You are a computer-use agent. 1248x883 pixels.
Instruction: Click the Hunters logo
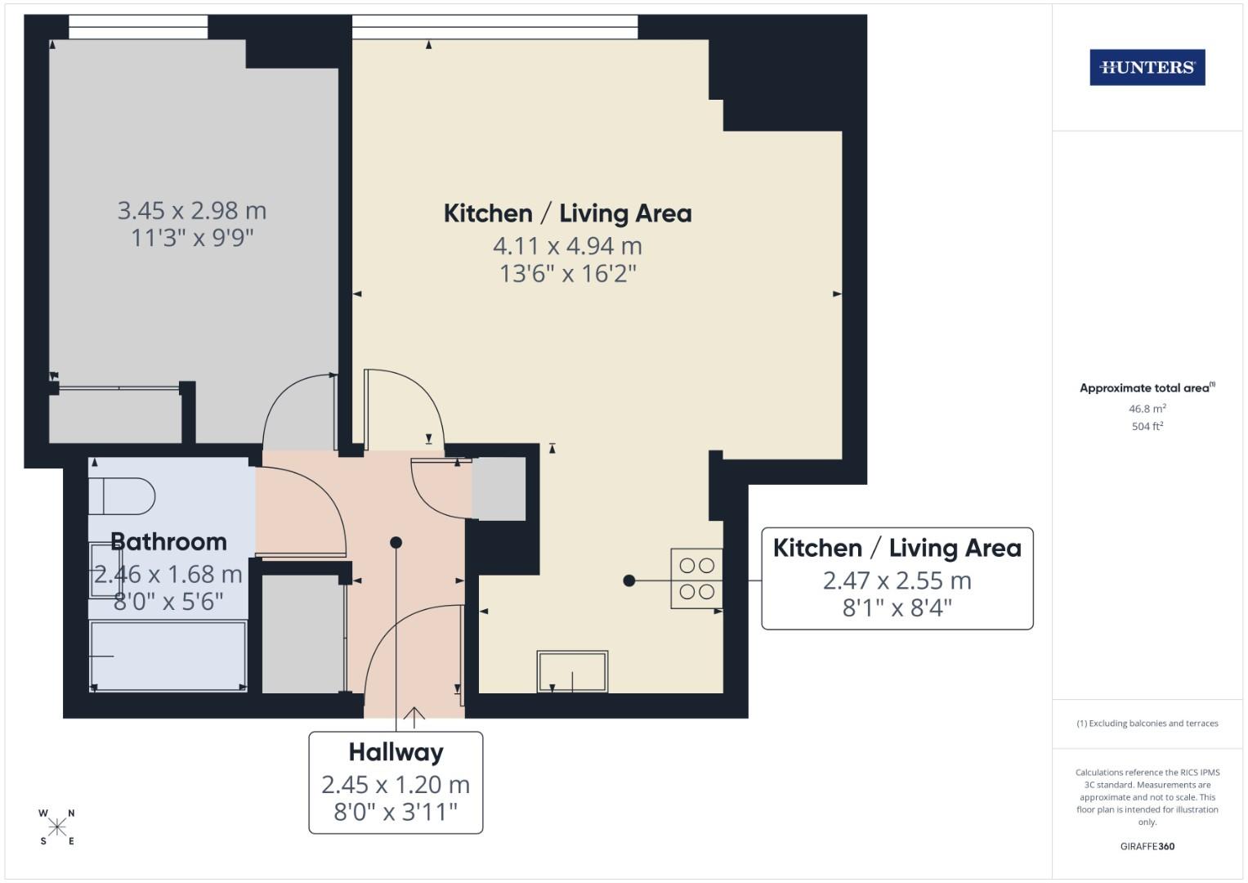coord(1147,68)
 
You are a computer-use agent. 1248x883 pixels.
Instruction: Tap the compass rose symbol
coord(56,827)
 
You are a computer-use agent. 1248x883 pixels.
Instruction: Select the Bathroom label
coord(168,542)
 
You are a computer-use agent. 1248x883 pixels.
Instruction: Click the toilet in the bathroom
coord(123,495)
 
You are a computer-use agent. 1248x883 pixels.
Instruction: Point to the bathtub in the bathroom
coord(168,657)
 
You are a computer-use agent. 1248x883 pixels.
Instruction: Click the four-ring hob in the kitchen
coord(697,578)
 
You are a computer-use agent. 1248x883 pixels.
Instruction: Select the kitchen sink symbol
coord(572,671)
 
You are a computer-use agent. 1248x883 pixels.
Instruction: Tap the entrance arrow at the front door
coord(414,717)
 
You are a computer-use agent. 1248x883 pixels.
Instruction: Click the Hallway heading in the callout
coord(396,752)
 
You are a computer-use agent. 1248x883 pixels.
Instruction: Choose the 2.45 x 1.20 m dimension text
coord(396,785)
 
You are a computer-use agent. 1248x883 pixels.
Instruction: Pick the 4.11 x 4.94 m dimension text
coord(567,246)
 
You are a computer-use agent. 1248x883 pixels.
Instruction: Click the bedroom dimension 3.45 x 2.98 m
coord(192,211)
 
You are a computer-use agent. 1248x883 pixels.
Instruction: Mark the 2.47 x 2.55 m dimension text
coord(897,580)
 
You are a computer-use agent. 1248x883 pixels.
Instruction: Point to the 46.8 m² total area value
coord(1147,409)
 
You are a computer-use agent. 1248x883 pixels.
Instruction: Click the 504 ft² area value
coord(1147,426)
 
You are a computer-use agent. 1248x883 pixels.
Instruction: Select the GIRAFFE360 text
coord(1147,846)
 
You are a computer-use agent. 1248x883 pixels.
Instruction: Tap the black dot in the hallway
coord(396,542)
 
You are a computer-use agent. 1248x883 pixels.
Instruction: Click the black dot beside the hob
coord(628,580)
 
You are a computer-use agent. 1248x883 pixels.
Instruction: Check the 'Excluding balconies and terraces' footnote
coord(1147,724)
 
